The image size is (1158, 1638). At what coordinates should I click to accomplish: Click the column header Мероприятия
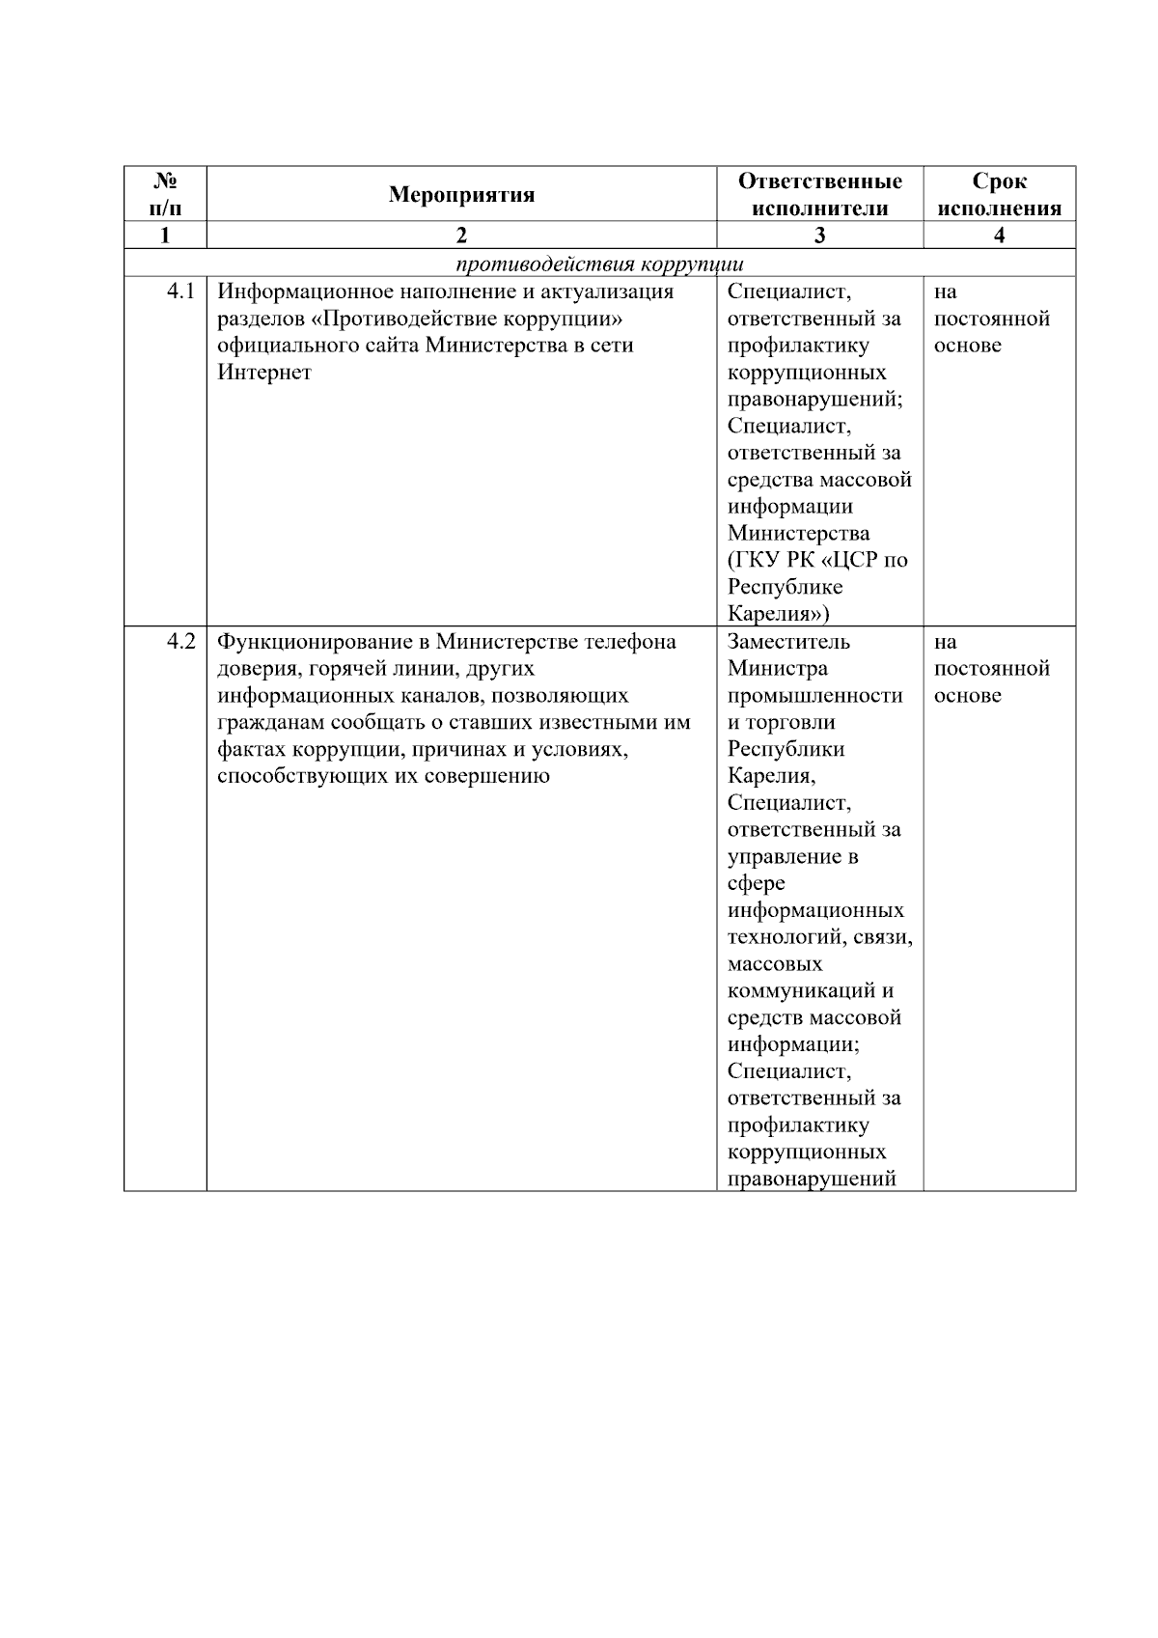(461, 195)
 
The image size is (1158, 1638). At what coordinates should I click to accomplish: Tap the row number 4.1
(180, 292)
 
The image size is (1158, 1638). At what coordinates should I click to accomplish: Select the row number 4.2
(180, 642)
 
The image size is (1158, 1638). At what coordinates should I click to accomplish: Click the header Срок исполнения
(999, 195)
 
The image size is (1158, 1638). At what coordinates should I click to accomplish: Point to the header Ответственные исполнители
(819, 195)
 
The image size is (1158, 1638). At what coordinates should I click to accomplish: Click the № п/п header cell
(165, 195)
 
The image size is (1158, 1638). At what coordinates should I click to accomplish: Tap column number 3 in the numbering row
(819, 236)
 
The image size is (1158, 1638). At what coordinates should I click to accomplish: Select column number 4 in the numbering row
(999, 236)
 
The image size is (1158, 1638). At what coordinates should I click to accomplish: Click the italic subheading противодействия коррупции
(599, 264)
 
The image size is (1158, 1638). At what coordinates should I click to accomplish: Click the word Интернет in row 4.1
(264, 373)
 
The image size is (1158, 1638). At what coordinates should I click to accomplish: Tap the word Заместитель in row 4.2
(788, 642)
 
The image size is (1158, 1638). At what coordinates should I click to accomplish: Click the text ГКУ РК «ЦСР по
(817, 560)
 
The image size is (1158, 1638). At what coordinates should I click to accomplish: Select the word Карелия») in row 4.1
(778, 614)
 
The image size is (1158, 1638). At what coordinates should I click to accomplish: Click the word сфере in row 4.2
(756, 883)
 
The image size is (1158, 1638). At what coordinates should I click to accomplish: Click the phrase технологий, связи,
(819, 937)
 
